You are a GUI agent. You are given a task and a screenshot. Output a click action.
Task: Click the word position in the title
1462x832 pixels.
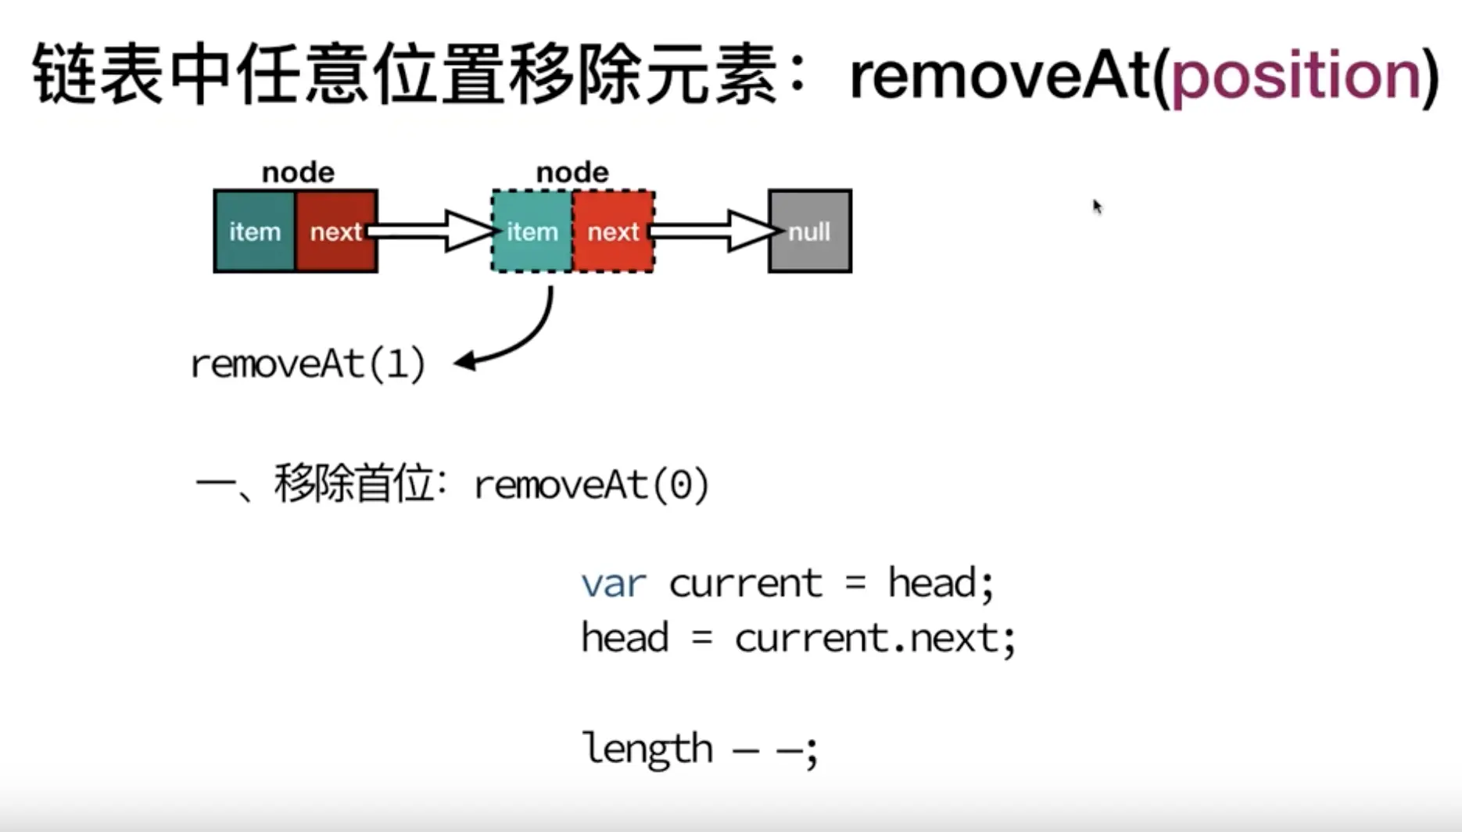[1297, 77]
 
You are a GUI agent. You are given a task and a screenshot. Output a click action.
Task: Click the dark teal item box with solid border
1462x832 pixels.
[255, 231]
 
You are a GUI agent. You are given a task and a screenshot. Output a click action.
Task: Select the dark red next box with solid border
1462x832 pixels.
[336, 231]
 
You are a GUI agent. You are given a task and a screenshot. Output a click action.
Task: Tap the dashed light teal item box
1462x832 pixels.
[532, 231]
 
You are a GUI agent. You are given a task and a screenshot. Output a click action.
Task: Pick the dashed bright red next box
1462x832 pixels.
[614, 231]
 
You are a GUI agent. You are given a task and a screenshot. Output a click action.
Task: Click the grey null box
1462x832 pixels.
[810, 231]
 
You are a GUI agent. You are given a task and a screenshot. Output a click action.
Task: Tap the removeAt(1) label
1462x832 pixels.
[308, 364]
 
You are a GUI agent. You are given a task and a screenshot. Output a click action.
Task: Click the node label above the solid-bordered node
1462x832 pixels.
[298, 172]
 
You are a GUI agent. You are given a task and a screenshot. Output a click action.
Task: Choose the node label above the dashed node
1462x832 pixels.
[572, 172]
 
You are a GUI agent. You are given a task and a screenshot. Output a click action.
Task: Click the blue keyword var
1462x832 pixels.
[614, 584]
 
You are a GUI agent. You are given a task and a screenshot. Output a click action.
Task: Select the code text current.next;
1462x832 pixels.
[875, 639]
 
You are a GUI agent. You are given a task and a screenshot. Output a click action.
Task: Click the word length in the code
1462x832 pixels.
[647, 749]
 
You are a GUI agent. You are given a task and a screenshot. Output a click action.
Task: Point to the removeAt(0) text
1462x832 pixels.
[592, 486]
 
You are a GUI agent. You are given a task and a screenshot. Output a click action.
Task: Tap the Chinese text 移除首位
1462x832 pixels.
[353, 484]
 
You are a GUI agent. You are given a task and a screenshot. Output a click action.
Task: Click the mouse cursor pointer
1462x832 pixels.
[1097, 206]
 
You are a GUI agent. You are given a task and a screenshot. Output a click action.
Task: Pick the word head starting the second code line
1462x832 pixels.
[625, 638]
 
